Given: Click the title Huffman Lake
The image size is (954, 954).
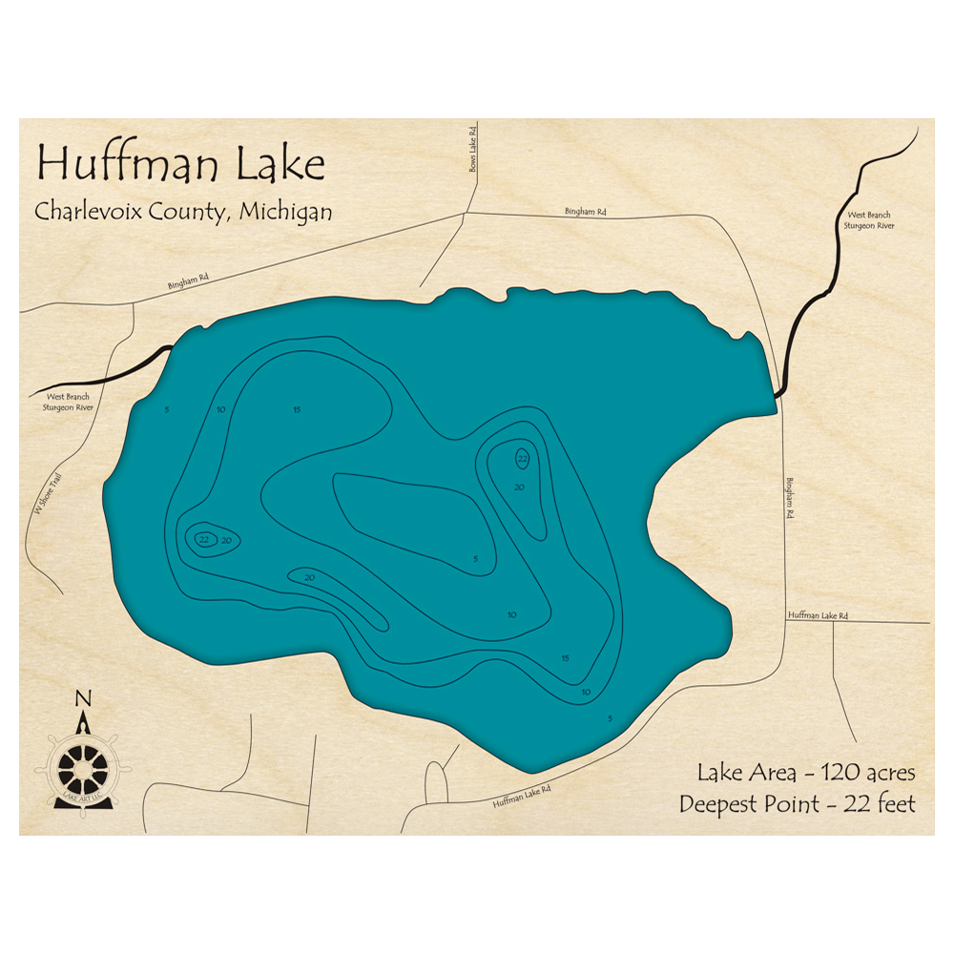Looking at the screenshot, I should [x=180, y=164].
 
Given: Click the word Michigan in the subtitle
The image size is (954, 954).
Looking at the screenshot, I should [x=285, y=211].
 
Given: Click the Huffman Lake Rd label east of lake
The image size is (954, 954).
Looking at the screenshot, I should [x=818, y=616].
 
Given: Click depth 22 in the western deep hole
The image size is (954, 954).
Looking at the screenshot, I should [x=203, y=540].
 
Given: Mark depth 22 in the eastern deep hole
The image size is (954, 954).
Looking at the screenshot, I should [x=522, y=459].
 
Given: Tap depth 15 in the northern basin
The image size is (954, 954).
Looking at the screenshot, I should [x=297, y=410].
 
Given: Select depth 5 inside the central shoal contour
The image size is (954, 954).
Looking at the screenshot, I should [x=474, y=559].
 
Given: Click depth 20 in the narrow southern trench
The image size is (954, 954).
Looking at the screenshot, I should [x=309, y=577].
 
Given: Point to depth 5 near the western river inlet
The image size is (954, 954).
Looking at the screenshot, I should [x=166, y=410].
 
